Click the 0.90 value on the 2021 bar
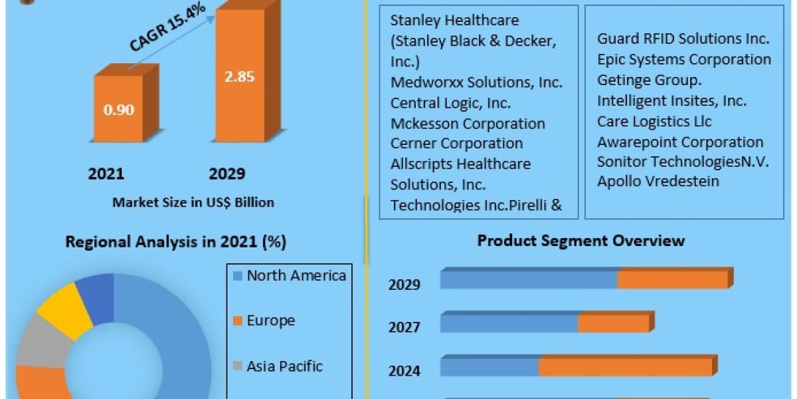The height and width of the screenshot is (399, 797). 119,110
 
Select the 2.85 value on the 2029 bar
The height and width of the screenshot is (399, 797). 240,76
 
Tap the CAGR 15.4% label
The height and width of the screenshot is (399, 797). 167,27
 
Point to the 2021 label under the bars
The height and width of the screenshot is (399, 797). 106,174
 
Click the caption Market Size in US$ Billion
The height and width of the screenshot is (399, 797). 193,202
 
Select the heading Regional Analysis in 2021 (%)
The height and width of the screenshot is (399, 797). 176,242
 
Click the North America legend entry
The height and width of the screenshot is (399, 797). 290,276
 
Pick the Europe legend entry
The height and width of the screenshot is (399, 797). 264,321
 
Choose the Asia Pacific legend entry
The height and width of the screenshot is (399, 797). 278,366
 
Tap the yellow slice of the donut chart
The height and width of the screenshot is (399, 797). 66,309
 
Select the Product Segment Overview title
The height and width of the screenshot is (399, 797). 580,241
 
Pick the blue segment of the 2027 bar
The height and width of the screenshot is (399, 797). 509,323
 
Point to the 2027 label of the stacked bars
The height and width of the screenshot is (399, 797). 404,327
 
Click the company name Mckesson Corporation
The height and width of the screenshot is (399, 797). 468,124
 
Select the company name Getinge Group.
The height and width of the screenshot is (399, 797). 649,80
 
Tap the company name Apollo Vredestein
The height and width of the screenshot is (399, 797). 658,182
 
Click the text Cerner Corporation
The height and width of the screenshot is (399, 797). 456,144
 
